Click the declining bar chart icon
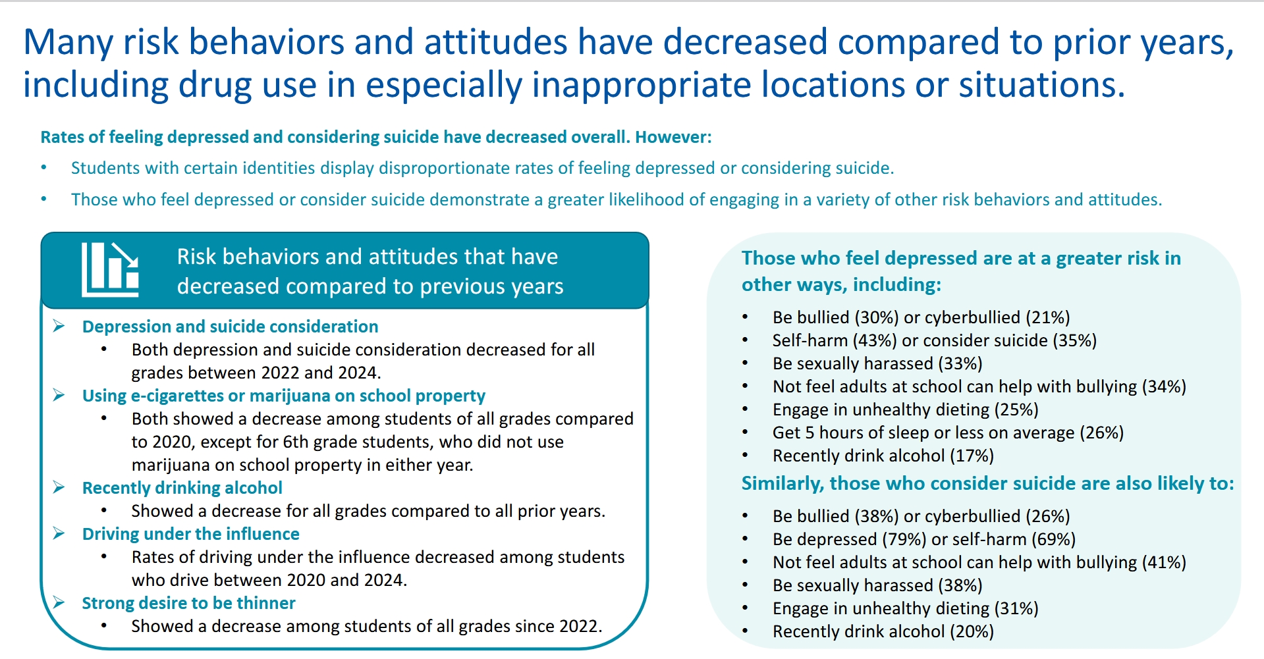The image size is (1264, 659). point(110,269)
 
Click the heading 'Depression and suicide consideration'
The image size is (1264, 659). point(230,327)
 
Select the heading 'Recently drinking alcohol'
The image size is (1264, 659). point(182,488)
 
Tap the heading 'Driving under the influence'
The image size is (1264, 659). point(190,534)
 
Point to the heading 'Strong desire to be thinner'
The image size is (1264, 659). point(188,603)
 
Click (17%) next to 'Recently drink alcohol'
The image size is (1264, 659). point(972,456)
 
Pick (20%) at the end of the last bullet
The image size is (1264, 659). point(972,631)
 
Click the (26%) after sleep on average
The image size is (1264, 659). point(1101,433)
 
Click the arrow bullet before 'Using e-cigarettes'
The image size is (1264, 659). point(59,395)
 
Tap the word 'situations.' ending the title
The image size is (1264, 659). point(1041,86)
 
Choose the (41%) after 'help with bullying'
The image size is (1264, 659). point(1164,562)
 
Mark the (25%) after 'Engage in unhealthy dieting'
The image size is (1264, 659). point(1016,409)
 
